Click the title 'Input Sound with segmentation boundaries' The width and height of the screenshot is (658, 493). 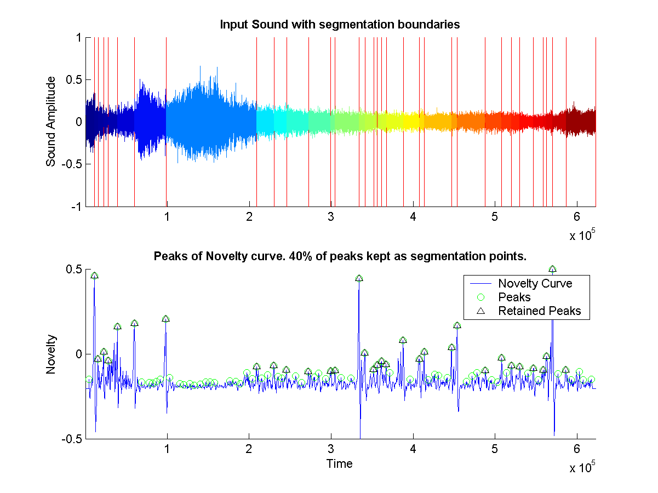click(x=339, y=24)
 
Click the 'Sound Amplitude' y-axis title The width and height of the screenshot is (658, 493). click(x=51, y=122)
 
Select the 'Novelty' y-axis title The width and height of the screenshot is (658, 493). click(x=51, y=354)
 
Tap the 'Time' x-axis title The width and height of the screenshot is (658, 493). click(x=339, y=464)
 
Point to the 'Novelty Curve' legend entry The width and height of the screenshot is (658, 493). click(x=534, y=283)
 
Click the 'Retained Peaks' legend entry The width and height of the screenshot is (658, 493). click(x=539, y=311)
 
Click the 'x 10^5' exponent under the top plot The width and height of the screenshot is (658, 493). click(x=581, y=236)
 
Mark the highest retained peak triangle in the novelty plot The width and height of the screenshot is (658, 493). click(x=552, y=269)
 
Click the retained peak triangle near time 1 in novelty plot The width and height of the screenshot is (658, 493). click(x=166, y=318)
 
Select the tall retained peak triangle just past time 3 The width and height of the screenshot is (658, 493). click(x=359, y=278)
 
